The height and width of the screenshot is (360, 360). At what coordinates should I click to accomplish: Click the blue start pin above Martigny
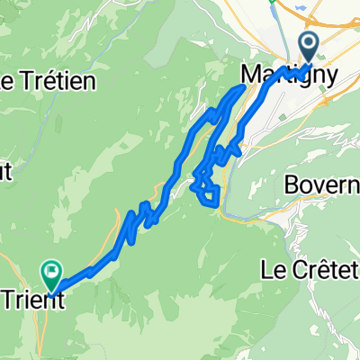[308, 45]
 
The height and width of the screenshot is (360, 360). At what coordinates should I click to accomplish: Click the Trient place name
[31, 301]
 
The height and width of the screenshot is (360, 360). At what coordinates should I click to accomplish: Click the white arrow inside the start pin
[308, 43]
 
